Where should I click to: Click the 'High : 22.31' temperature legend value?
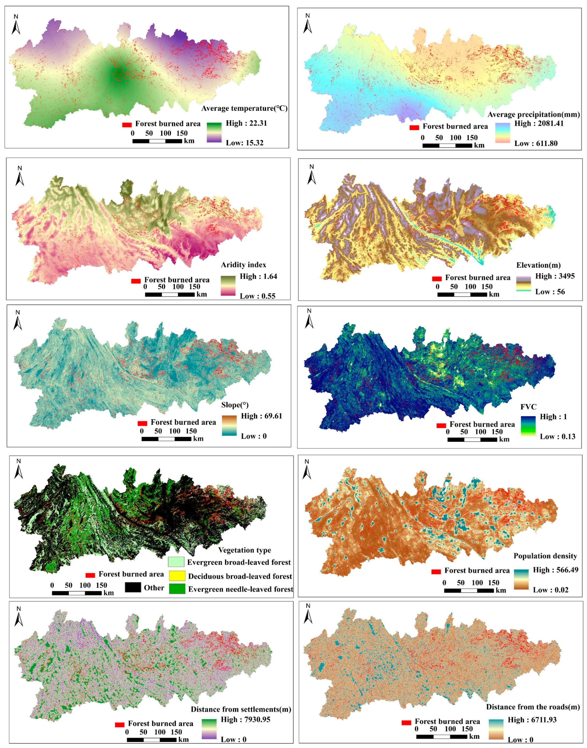(246, 123)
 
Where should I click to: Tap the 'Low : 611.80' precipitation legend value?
(536, 143)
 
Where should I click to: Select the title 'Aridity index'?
(243, 265)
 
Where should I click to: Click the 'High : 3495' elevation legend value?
(555, 276)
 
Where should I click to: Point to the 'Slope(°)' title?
(235, 405)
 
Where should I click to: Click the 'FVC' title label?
(528, 407)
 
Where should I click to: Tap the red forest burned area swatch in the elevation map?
(437, 279)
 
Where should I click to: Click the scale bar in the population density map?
(469, 591)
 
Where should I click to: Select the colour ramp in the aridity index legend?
(228, 286)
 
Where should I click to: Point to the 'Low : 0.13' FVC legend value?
(557, 436)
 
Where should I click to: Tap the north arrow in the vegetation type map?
(19, 469)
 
